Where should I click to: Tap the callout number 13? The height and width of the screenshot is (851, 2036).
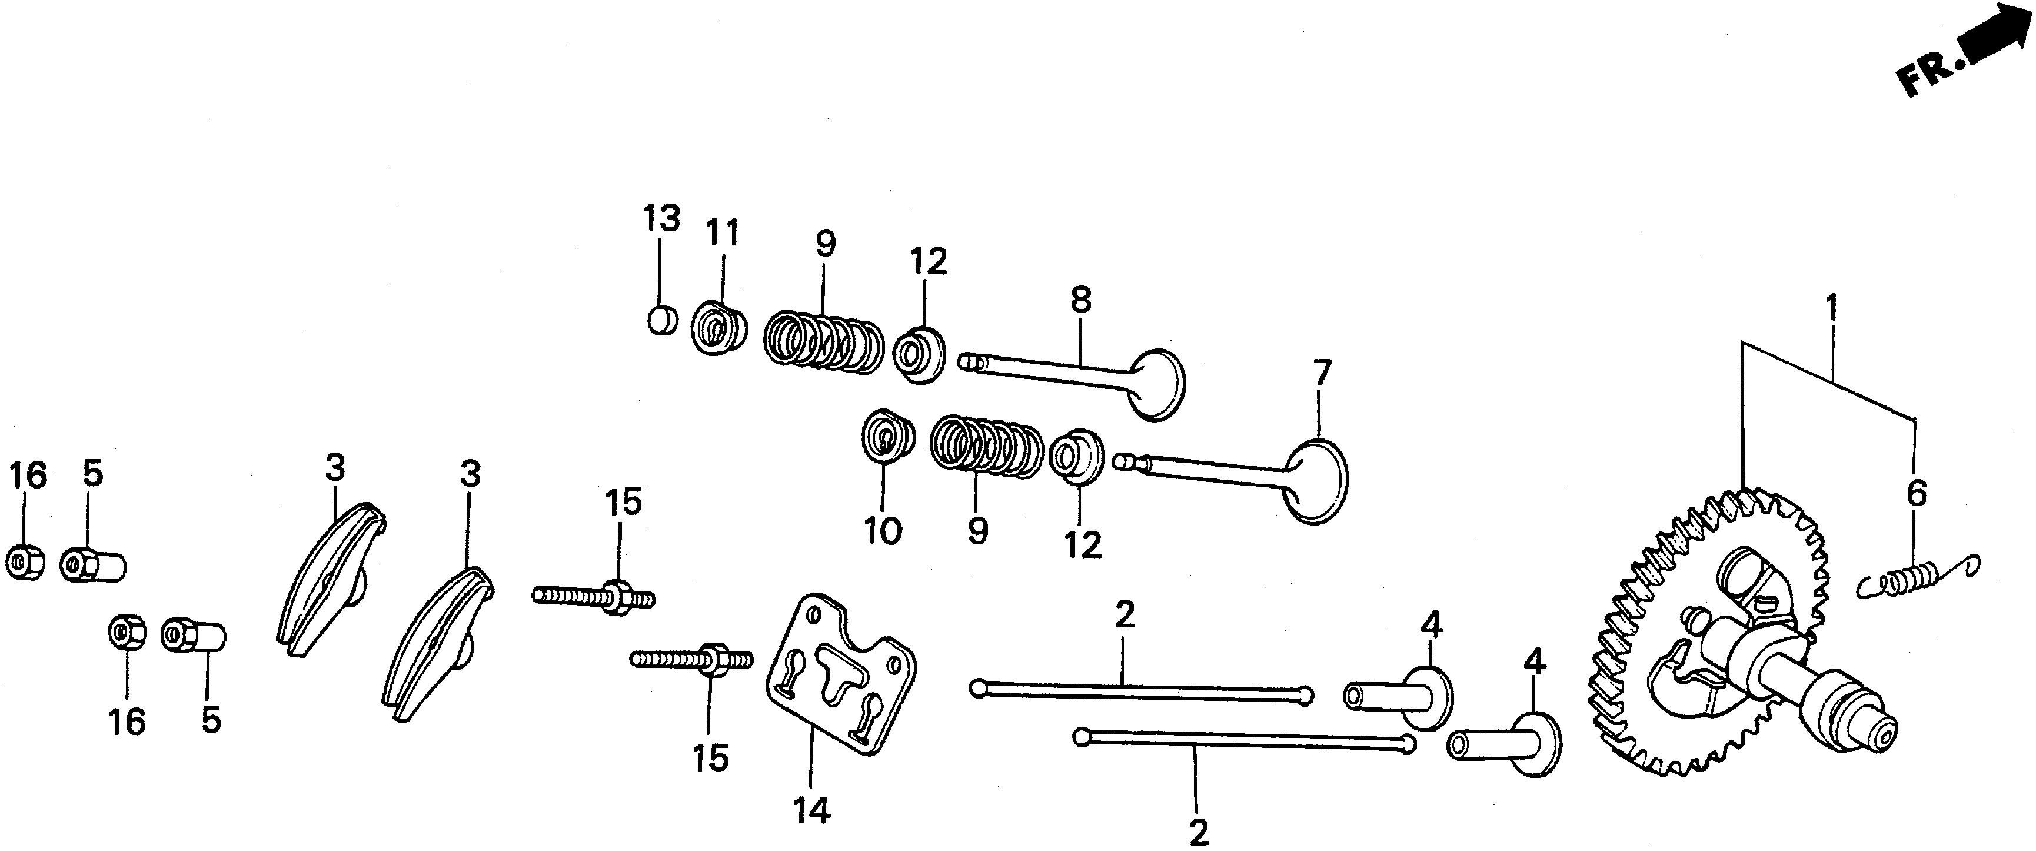(x=661, y=218)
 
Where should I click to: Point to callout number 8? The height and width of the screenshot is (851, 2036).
(x=1080, y=300)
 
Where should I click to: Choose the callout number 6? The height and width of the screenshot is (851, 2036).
(x=1917, y=494)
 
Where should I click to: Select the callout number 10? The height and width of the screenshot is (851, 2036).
(x=883, y=531)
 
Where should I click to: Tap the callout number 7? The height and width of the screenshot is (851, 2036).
(x=1322, y=372)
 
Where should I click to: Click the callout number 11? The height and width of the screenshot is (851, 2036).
(x=721, y=234)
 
